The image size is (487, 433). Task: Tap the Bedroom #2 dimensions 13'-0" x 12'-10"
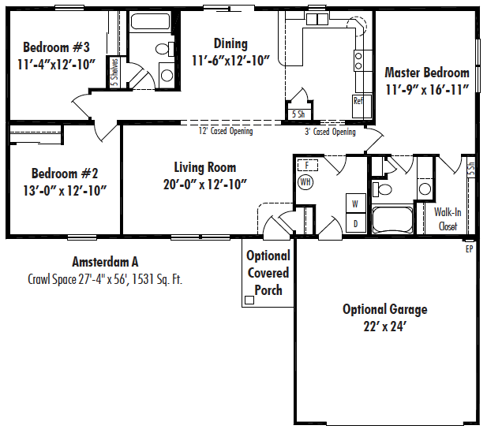(x=65, y=190)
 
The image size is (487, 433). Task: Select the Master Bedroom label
(x=427, y=73)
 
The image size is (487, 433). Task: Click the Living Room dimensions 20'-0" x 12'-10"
(x=204, y=184)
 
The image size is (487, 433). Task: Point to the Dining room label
(x=230, y=44)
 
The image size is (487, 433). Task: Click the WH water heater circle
(x=305, y=182)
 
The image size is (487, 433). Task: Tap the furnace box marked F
(x=306, y=165)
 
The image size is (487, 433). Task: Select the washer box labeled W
(x=354, y=204)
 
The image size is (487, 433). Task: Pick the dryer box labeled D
(x=354, y=223)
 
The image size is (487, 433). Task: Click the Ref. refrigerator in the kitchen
(x=358, y=102)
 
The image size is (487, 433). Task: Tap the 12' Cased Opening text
(x=226, y=131)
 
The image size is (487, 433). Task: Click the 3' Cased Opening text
(x=330, y=132)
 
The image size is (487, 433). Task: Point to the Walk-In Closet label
(x=448, y=218)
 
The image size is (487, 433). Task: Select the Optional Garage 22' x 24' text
(x=384, y=317)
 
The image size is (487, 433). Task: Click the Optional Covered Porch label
(x=268, y=273)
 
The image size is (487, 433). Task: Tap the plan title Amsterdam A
(x=105, y=262)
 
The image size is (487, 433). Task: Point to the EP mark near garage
(x=468, y=248)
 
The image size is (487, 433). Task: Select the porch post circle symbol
(x=249, y=300)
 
